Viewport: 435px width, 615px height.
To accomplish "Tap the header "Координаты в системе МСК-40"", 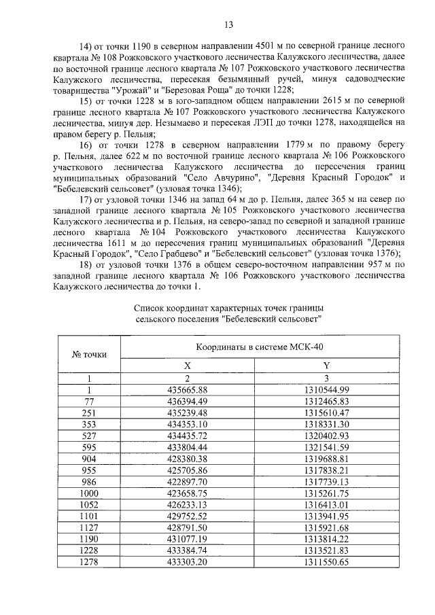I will tap(251, 347).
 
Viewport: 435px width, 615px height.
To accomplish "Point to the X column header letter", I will tap(188, 366).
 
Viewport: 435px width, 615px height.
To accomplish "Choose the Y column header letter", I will tap(326, 366).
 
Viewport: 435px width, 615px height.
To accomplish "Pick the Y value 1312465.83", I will tap(326, 401).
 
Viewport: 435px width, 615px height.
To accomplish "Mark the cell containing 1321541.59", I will tap(326, 447).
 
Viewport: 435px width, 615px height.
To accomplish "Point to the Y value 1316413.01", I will tap(326, 505).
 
